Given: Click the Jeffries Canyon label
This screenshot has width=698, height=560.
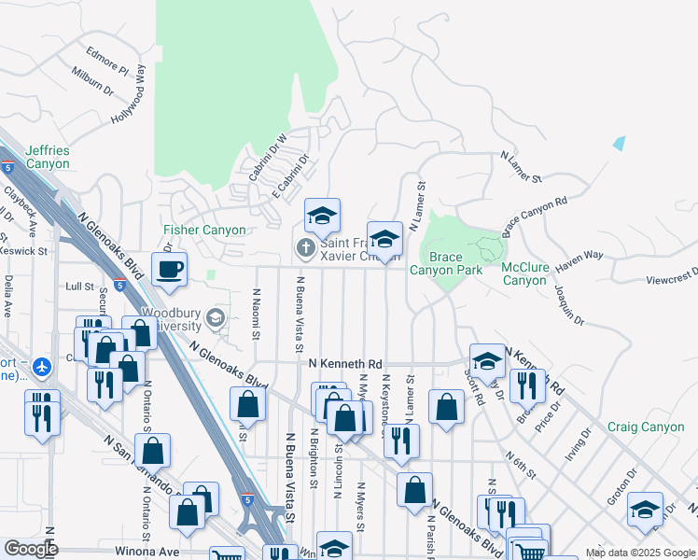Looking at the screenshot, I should [x=48, y=157].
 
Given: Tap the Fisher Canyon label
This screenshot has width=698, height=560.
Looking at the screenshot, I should [x=204, y=230].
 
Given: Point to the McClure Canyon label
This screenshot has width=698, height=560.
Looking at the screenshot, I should [x=523, y=273].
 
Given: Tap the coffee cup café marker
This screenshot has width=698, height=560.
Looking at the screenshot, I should [x=169, y=270].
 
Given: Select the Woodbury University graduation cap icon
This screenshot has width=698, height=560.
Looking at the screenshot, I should [x=216, y=319].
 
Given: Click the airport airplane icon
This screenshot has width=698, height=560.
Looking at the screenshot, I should [x=41, y=367].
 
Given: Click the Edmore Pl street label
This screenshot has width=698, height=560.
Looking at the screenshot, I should [x=106, y=58].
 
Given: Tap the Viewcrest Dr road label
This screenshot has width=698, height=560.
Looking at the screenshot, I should [x=671, y=277].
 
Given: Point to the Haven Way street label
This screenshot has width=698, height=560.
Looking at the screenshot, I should [x=579, y=260].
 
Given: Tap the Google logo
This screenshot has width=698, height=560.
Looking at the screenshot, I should [x=31, y=549].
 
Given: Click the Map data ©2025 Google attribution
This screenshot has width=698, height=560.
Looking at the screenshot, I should [x=639, y=553].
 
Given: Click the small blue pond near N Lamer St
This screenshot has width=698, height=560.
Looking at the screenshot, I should [x=619, y=143].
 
